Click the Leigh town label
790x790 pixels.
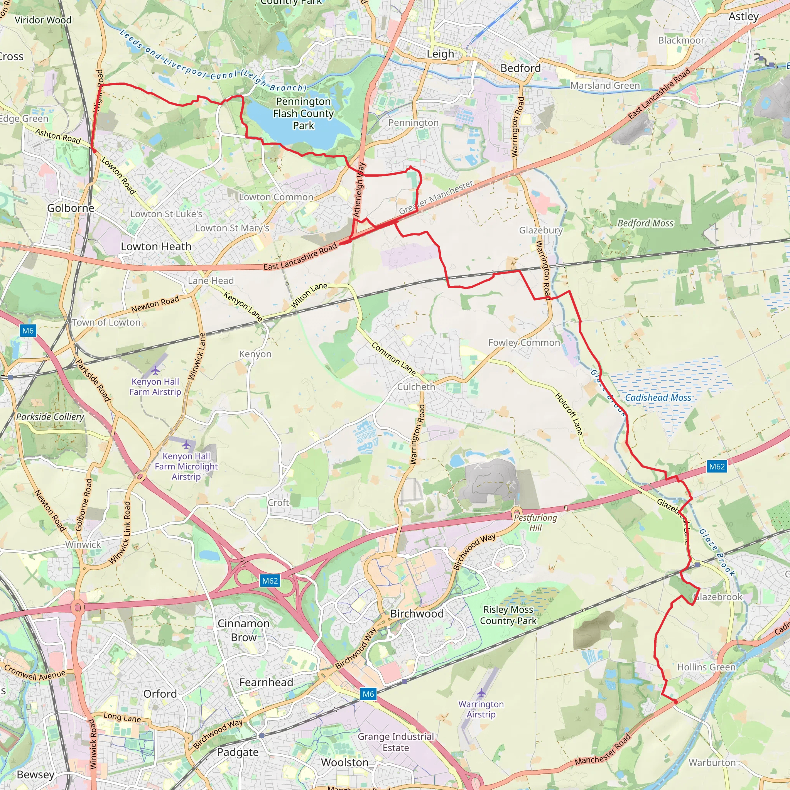coord(440,54)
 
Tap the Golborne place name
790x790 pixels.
coord(71,208)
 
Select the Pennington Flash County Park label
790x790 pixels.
coord(304,113)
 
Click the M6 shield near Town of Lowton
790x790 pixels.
coord(28,331)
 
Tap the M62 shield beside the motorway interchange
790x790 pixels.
coord(270,581)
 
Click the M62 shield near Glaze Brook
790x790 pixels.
coord(717,467)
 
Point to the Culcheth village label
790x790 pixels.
coord(416,387)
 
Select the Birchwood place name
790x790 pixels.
coord(417,613)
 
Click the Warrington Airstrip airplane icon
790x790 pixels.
coord(481,693)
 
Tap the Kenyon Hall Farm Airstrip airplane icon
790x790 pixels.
coord(155,370)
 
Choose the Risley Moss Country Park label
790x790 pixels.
coord(508,615)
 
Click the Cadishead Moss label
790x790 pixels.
coord(658,397)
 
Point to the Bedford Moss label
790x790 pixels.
coord(645,223)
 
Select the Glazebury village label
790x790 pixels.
coord(540,230)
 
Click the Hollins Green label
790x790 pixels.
coord(706,667)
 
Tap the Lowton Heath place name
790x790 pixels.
coord(156,246)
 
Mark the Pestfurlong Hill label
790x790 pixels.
coord(535,523)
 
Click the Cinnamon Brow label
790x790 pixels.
coord(243,630)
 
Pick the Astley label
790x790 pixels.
coord(743,16)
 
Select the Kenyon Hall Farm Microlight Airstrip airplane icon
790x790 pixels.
coord(186,444)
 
